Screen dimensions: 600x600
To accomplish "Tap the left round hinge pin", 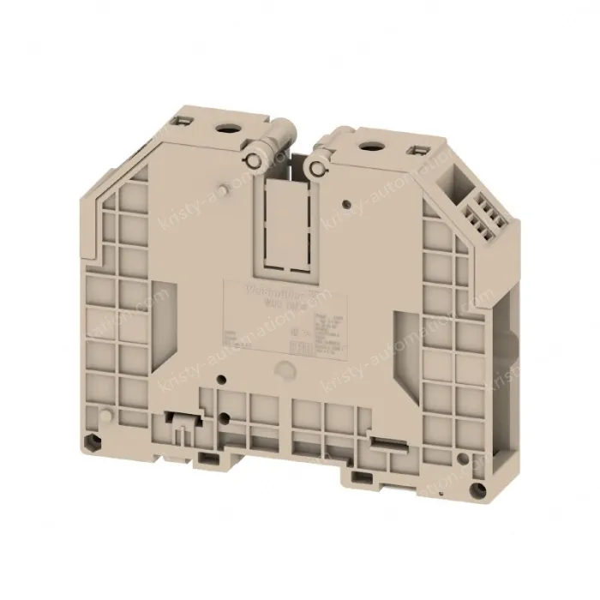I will (256, 160).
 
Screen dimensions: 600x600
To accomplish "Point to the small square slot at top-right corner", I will (419, 152).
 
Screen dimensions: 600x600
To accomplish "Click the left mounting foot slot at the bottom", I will (208, 456).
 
